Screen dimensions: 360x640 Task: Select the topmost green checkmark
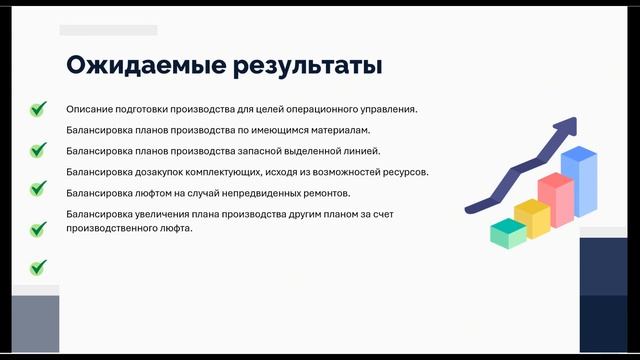[x=38, y=109]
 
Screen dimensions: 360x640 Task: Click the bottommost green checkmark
[x=38, y=268]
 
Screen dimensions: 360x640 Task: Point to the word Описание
[x=90, y=109]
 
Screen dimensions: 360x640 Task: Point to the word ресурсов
[x=405, y=172]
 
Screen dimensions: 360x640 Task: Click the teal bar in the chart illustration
[x=508, y=233]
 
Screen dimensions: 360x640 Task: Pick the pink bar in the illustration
[x=555, y=197]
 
